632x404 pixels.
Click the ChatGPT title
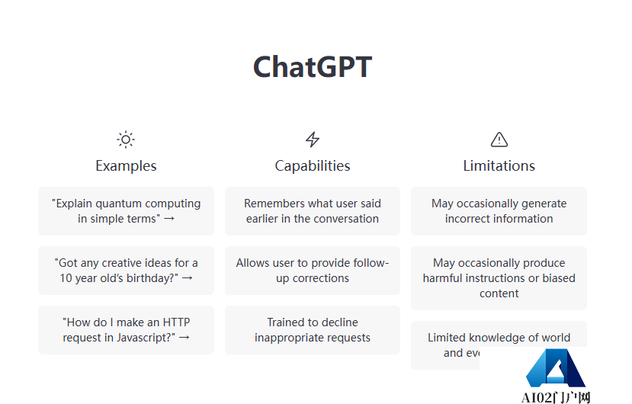(313, 67)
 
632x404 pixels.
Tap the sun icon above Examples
(126, 139)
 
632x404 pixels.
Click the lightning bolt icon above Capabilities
(313, 139)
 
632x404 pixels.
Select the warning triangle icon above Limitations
(499, 139)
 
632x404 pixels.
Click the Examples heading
(126, 165)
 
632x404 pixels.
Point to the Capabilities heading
(313, 165)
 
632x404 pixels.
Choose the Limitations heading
(499, 165)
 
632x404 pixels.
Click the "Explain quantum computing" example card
(126, 211)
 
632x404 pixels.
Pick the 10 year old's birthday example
(126, 271)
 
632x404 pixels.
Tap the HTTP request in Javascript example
(126, 330)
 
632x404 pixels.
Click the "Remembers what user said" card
(313, 211)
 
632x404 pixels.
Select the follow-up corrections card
(313, 271)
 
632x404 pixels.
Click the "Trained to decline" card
(313, 330)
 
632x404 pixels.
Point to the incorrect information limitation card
(499, 211)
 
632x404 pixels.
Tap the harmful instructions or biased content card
(499, 278)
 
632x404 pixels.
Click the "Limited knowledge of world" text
(499, 338)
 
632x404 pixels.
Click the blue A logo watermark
(554, 370)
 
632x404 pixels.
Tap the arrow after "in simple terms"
(169, 219)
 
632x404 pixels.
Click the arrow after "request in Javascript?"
(184, 338)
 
